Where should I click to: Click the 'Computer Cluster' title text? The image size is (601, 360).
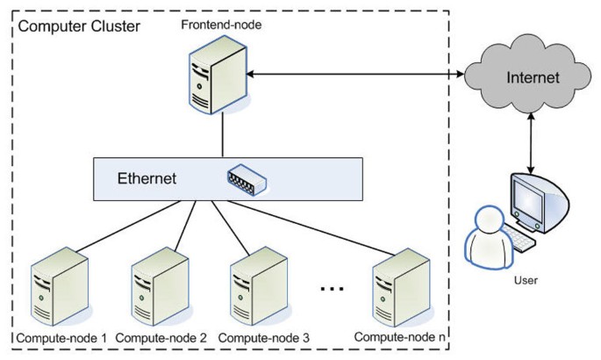(x=78, y=25)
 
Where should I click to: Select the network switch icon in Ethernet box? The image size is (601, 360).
(x=247, y=179)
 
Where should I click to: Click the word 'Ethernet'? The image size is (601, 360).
(x=147, y=178)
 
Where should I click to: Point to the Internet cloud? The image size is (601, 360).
(x=532, y=78)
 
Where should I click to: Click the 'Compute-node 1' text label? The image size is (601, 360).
(x=60, y=337)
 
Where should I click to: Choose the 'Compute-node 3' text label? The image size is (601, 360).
(x=262, y=337)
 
